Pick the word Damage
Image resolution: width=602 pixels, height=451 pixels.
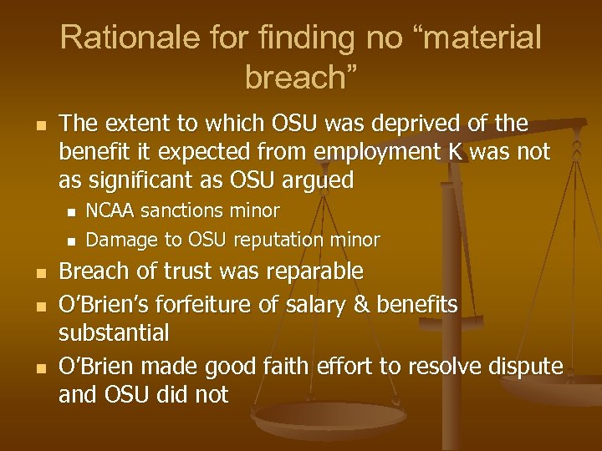click(x=123, y=241)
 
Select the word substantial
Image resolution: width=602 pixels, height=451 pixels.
click(x=114, y=332)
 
